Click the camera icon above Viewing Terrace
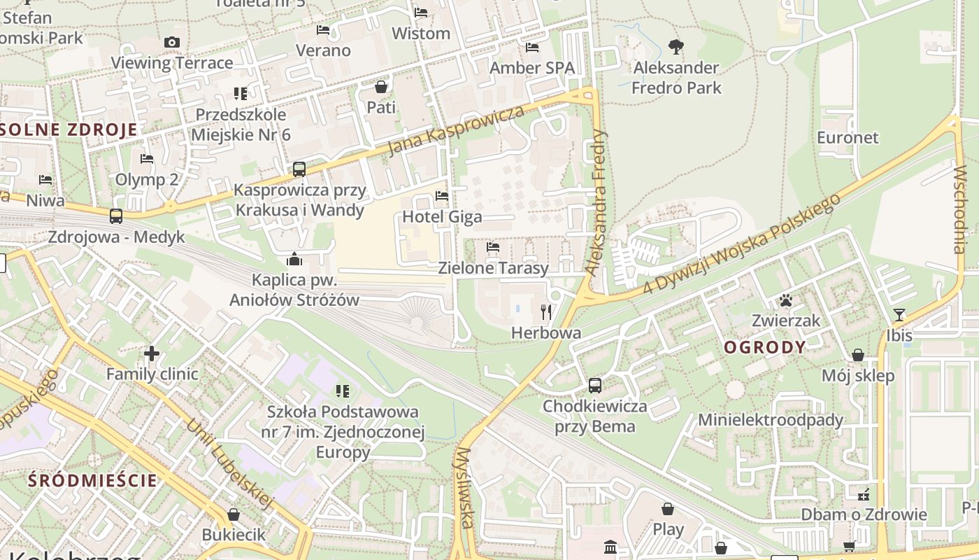click(x=172, y=43)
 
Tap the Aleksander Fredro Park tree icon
click(x=676, y=47)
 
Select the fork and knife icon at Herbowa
click(x=546, y=311)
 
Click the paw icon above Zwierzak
click(x=786, y=300)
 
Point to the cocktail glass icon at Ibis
click(x=899, y=315)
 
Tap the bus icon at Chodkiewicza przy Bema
click(x=595, y=385)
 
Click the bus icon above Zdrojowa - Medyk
click(x=116, y=216)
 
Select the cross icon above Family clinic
click(x=152, y=353)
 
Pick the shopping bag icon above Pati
click(x=381, y=87)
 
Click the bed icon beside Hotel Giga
click(x=442, y=196)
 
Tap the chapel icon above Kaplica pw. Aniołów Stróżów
click(x=294, y=260)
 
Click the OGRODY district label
click(x=765, y=347)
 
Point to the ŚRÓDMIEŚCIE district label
click(x=93, y=480)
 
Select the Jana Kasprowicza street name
click(x=455, y=131)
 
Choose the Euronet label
click(x=848, y=137)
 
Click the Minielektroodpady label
click(x=771, y=420)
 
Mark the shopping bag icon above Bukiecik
click(x=234, y=514)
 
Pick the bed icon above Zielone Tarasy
click(x=493, y=247)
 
